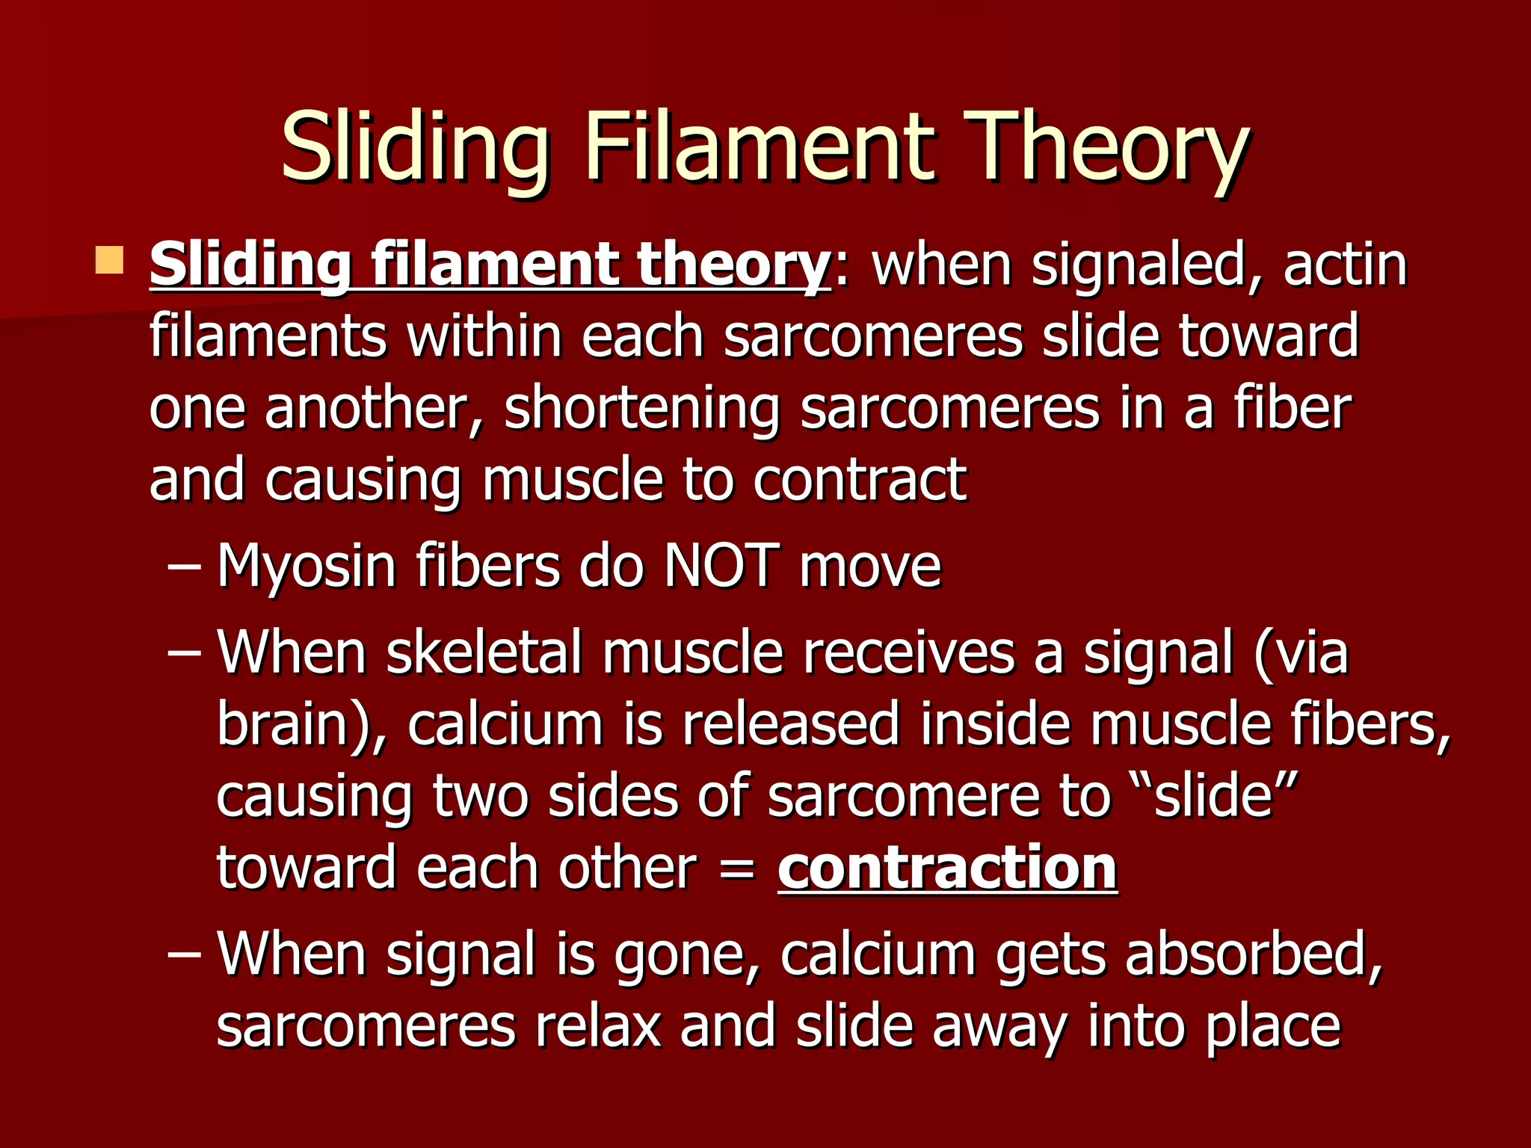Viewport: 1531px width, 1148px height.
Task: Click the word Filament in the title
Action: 758,146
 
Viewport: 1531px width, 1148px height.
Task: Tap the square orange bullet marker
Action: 109,261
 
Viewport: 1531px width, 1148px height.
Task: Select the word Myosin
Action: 306,566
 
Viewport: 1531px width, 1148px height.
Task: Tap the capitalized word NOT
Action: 721,566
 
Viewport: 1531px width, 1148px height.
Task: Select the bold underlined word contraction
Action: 947,868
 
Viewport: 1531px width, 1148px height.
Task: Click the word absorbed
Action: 1254,954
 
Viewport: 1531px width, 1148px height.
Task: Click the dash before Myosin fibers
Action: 184,567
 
